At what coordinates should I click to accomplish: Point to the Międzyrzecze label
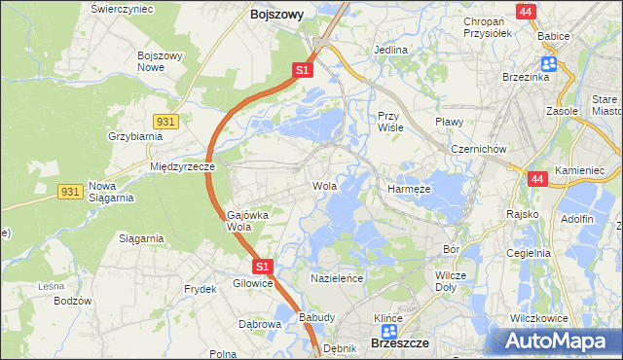click(x=182, y=166)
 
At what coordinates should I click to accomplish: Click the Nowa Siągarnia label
click(x=109, y=191)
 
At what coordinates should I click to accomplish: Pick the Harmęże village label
click(x=411, y=188)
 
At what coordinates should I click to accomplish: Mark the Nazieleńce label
click(x=337, y=277)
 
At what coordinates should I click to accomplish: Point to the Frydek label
click(x=200, y=289)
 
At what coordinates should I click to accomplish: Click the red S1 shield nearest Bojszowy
click(x=303, y=71)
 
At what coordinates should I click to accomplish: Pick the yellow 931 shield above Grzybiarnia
click(x=165, y=120)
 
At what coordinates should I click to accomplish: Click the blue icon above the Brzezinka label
click(x=549, y=63)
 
